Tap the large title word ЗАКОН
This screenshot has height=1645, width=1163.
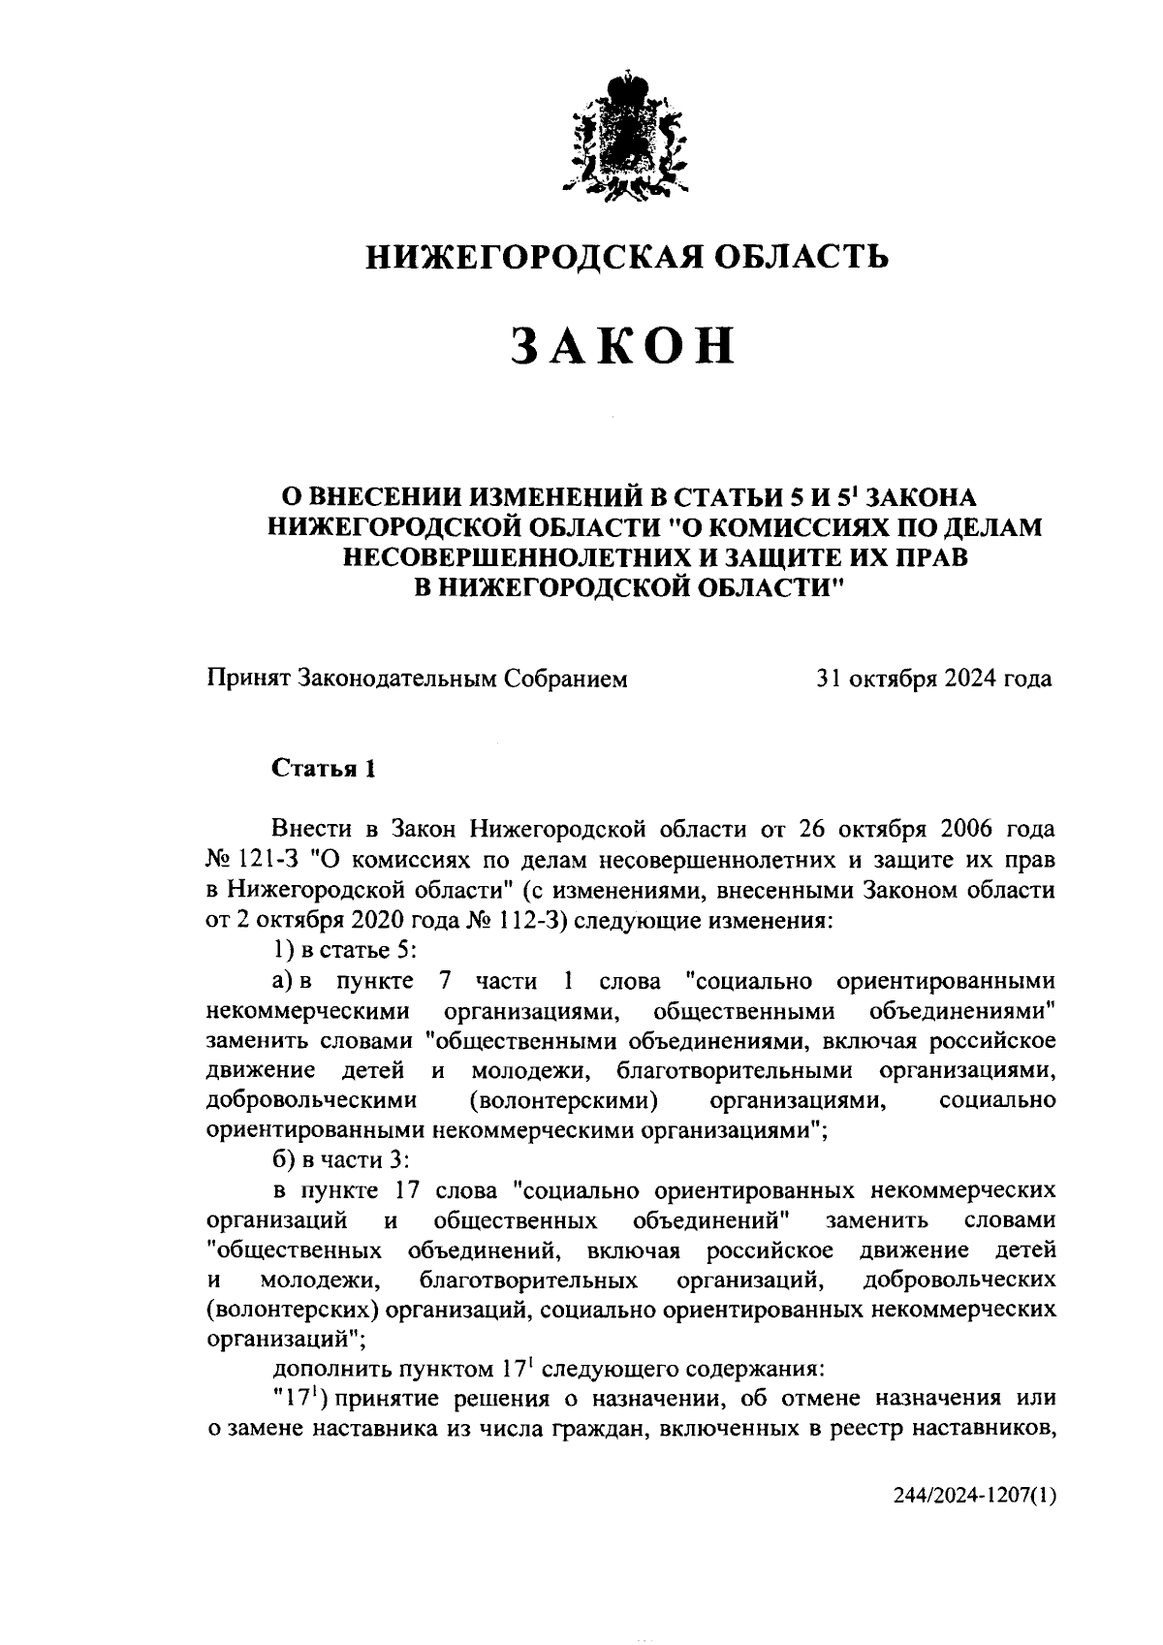click(x=623, y=346)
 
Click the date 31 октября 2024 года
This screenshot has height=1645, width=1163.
click(x=933, y=679)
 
